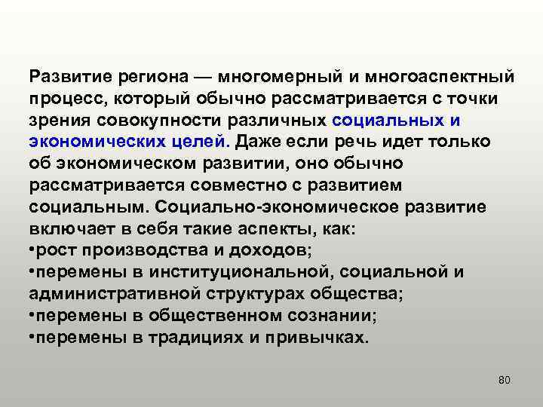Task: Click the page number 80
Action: (x=505, y=379)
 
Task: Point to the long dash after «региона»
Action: (x=205, y=77)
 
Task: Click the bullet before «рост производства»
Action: (x=32, y=251)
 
